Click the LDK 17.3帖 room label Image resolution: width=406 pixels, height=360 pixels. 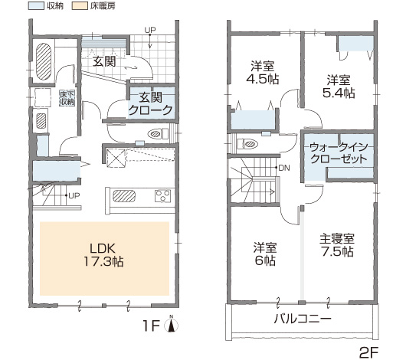pos(103,255)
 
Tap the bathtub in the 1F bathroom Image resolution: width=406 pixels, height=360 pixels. pos(44,61)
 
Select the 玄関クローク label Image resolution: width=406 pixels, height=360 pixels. pos(150,104)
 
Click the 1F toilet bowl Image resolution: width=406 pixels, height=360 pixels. pos(155,134)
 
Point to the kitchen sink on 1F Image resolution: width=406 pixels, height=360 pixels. pos(124,196)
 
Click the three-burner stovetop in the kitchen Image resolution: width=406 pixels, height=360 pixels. pos(162,196)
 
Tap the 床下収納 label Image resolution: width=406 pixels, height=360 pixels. pos(67,97)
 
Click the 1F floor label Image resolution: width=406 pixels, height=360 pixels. pos(151,326)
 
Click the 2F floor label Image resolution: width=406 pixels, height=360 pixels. pos(368,352)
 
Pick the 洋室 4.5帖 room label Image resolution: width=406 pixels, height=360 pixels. pos(262,73)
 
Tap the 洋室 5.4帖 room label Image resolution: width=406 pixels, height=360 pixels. pos(339,87)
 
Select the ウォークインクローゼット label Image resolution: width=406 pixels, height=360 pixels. pos(339,152)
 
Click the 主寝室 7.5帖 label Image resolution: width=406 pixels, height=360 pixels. pos(337,245)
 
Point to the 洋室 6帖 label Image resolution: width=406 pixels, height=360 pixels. pos(265,254)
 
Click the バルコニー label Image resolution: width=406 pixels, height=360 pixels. pos(303,319)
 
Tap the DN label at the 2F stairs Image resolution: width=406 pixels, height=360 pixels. pos(284,168)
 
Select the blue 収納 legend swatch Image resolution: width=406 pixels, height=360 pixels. pos(36,5)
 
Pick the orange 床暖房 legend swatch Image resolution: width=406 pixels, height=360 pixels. pos(80,5)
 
